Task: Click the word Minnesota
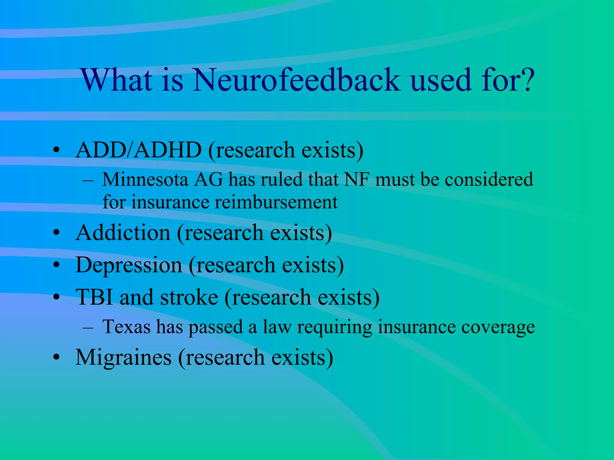pos(145,180)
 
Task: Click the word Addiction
pos(123,233)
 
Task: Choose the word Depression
pos(129,265)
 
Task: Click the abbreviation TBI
pos(94,297)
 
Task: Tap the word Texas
pos(126,327)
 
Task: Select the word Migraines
pos(124,358)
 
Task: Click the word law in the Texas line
pos(277,327)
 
